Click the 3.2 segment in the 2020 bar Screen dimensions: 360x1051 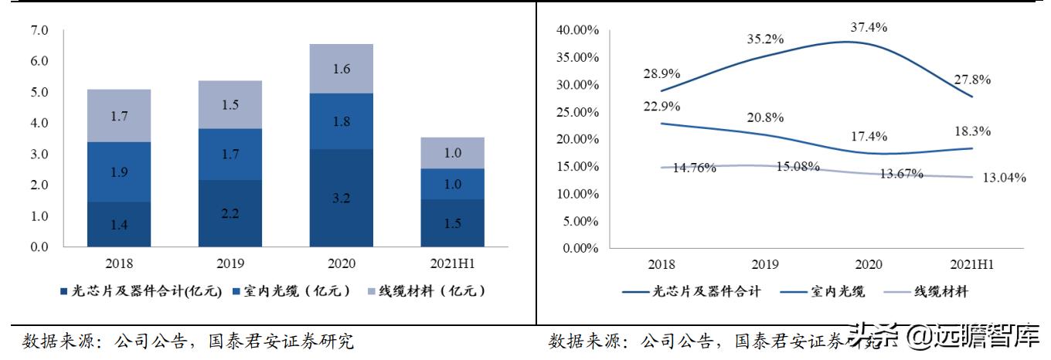click(341, 199)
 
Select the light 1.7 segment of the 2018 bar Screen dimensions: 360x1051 click(118, 116)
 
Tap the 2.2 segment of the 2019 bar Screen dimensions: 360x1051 click(230, 213)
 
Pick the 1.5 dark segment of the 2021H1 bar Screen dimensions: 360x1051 click(452, 223)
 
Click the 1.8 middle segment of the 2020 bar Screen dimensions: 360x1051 click(341, 121)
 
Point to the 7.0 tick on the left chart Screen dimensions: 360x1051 click(39, 31)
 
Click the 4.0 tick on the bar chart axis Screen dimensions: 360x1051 click(39, 124)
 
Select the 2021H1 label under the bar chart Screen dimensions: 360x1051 click(452, 264)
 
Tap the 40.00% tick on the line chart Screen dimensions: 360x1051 click(577, 30)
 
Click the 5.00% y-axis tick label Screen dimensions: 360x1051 click(580, 221)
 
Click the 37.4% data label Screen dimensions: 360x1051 click(869, 27)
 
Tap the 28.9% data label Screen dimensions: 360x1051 click(661, 74)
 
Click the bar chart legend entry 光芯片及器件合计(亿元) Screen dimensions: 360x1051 click(141, 291)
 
